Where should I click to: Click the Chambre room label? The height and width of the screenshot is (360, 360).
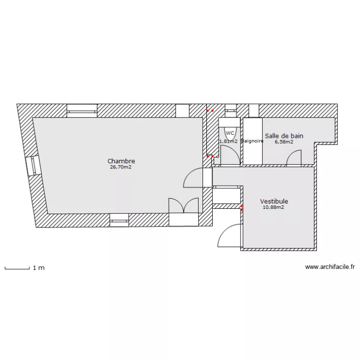coord(121,161)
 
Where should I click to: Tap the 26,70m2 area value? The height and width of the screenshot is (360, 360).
coord(121,168)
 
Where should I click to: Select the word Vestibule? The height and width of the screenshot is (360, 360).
coord(274,202)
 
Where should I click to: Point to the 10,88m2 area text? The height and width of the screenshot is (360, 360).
coord(273,208)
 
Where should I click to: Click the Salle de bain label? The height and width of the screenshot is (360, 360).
coord(284,136)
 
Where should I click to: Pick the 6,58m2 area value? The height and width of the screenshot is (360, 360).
coord(284,142)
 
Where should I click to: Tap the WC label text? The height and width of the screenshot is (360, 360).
coord(230,133)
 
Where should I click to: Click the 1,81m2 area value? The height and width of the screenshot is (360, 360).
coord(228,142)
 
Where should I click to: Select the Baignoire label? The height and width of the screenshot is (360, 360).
coord(252,142)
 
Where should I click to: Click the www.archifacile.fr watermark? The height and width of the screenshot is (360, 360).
coord(329,267)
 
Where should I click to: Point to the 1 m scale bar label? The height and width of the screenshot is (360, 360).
coord(38,268)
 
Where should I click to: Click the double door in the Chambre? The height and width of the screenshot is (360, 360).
coord(183,205)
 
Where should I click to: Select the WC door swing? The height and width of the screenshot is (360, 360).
coord(230,155)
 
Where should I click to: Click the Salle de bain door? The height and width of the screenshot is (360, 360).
coord(293,158)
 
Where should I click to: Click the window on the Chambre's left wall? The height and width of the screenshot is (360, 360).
coord(32,166)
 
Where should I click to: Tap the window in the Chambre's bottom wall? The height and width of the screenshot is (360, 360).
coord(119,220)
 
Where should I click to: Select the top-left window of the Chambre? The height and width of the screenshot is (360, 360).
coord(82,111)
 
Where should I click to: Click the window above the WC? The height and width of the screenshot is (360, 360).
coord(230,110)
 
